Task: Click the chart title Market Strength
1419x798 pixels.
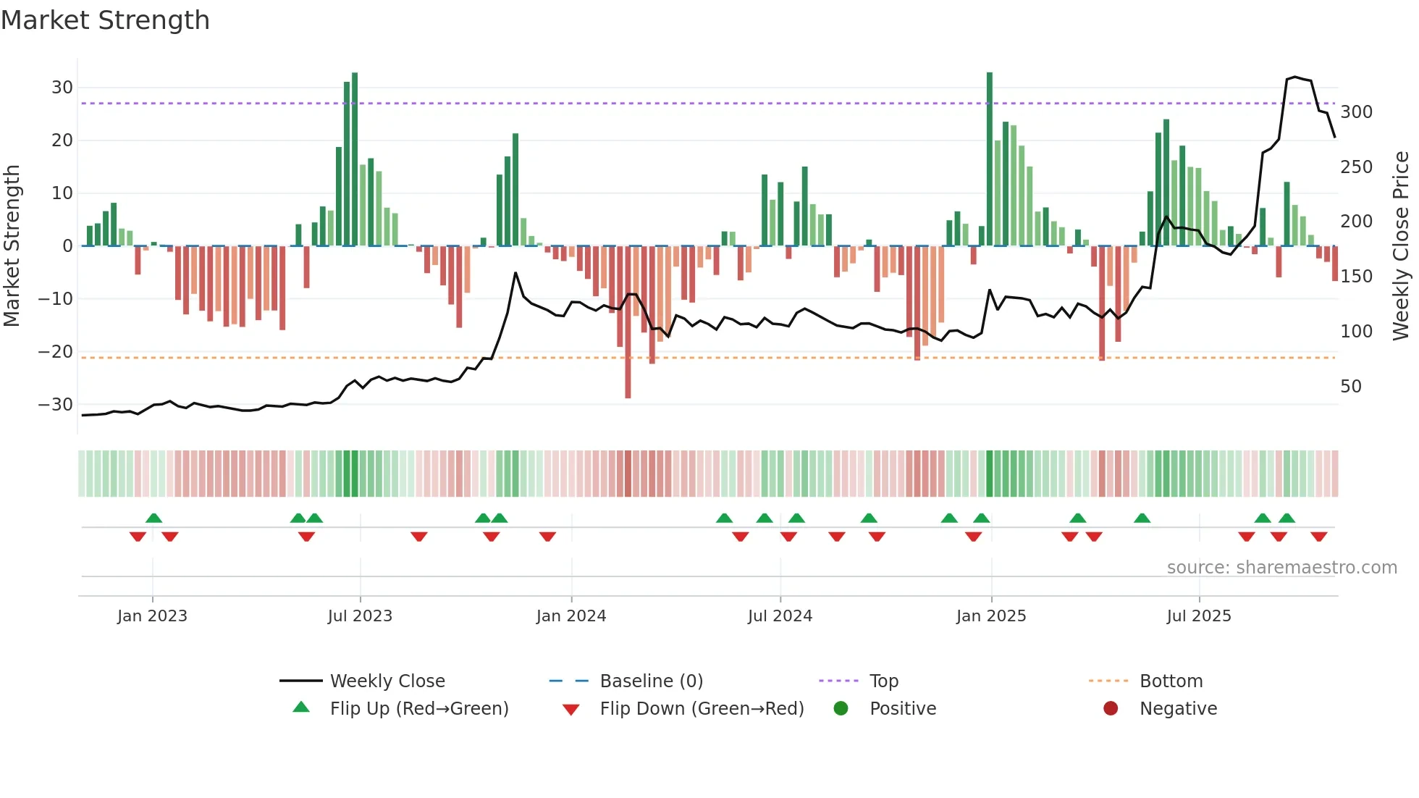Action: [105, 20]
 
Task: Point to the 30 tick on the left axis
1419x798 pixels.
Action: [62, 88]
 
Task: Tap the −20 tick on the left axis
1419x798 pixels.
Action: [56, 352]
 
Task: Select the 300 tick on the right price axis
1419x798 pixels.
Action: [1356, 112]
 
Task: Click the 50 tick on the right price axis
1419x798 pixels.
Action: [1350, 387]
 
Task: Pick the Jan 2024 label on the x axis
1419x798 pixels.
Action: [570, 616]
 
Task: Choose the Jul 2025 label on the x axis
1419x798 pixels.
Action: [1198, 616]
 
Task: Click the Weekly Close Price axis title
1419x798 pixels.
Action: [1401, 246]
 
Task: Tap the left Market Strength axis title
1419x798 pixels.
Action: [12, 246]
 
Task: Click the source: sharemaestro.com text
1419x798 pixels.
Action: [1281, 568]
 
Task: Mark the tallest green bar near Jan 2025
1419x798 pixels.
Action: [990, 159]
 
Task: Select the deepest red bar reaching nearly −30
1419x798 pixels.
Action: [628, 322]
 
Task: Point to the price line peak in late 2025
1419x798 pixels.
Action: [1295, 77]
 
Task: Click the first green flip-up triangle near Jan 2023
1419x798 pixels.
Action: [153, 518]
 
